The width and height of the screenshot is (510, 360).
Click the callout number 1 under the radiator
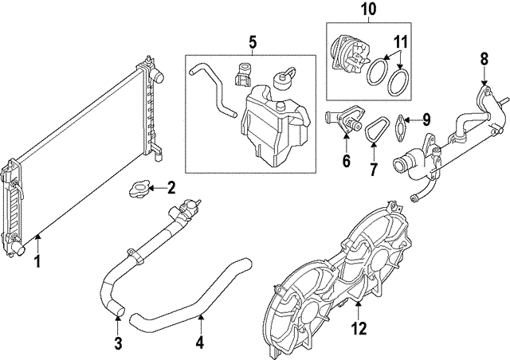point(37,260)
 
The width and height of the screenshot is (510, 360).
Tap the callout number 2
point(171,188)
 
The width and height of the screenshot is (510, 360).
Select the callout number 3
point(117,343)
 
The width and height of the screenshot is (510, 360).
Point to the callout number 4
point(200,343)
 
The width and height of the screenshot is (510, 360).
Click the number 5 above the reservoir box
point(253,40)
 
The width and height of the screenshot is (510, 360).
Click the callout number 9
point(426,120)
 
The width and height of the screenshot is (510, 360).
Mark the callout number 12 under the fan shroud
point(359,327)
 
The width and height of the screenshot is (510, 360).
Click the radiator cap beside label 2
point(136,190)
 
